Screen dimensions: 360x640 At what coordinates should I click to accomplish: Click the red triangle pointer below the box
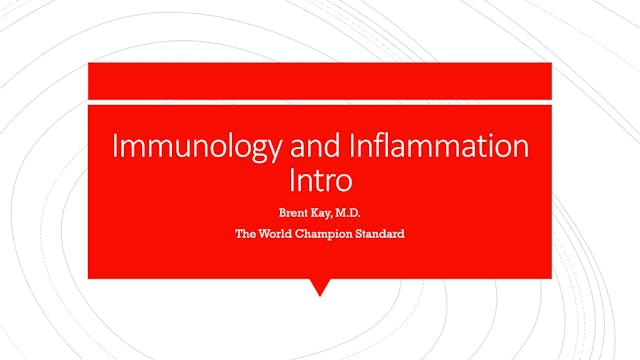coord(320,287)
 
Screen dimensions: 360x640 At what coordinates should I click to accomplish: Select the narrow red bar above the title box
coord(320,80)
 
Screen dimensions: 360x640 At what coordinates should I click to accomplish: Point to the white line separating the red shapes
coord(320,101)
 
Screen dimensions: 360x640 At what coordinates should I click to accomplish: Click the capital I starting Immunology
coord(114,146)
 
